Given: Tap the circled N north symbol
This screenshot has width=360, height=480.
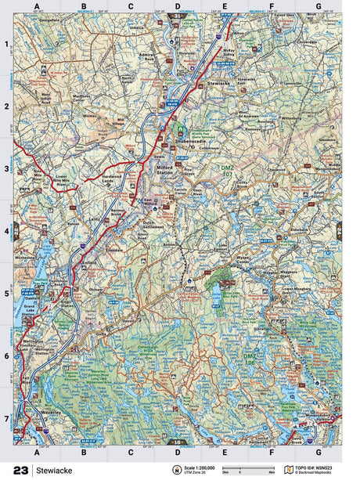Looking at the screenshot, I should pos(166,471).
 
